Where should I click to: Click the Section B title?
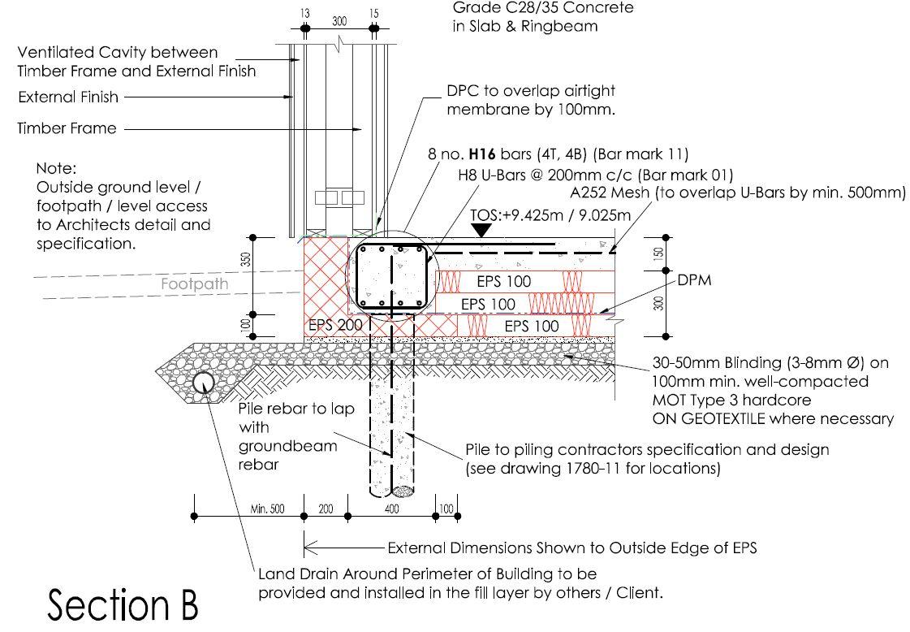click(123, 605)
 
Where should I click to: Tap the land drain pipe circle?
click(203, 382)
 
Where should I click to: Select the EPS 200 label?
click(334, 325)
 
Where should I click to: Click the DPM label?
click(695, 279)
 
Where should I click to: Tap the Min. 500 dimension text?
click(267, 509)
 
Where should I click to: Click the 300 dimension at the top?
click(339, 20)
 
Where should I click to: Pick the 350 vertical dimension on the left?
click(245, 261)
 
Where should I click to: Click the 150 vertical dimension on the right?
click(658, 253)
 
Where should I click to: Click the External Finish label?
click(68, 97)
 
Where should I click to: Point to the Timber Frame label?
click(67, 128)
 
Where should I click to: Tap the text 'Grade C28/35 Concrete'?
click(543, 8)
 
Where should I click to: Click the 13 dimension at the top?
click(304, 14)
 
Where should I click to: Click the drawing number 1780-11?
click(602, 468)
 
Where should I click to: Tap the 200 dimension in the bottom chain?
click(326, 509)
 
